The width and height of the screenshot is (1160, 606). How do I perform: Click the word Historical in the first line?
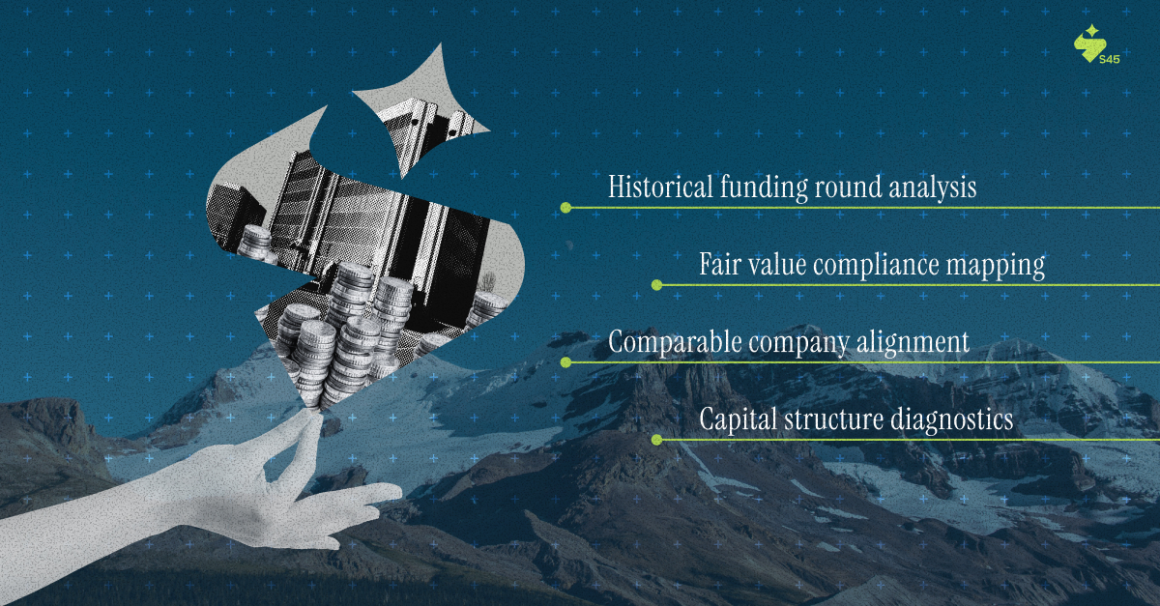660,186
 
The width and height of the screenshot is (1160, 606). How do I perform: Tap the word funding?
764,188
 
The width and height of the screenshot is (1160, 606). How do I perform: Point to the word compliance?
876,265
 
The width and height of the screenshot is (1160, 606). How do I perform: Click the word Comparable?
675,342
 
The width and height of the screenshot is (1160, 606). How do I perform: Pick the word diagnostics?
951,420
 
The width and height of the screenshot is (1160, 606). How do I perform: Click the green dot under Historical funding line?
566,208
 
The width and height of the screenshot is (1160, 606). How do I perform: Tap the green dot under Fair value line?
656,285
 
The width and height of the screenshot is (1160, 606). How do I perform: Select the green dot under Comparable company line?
566,362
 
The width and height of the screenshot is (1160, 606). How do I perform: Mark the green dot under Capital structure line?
656,440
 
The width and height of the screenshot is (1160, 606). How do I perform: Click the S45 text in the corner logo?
1110,60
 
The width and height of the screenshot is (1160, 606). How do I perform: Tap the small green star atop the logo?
1092,31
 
